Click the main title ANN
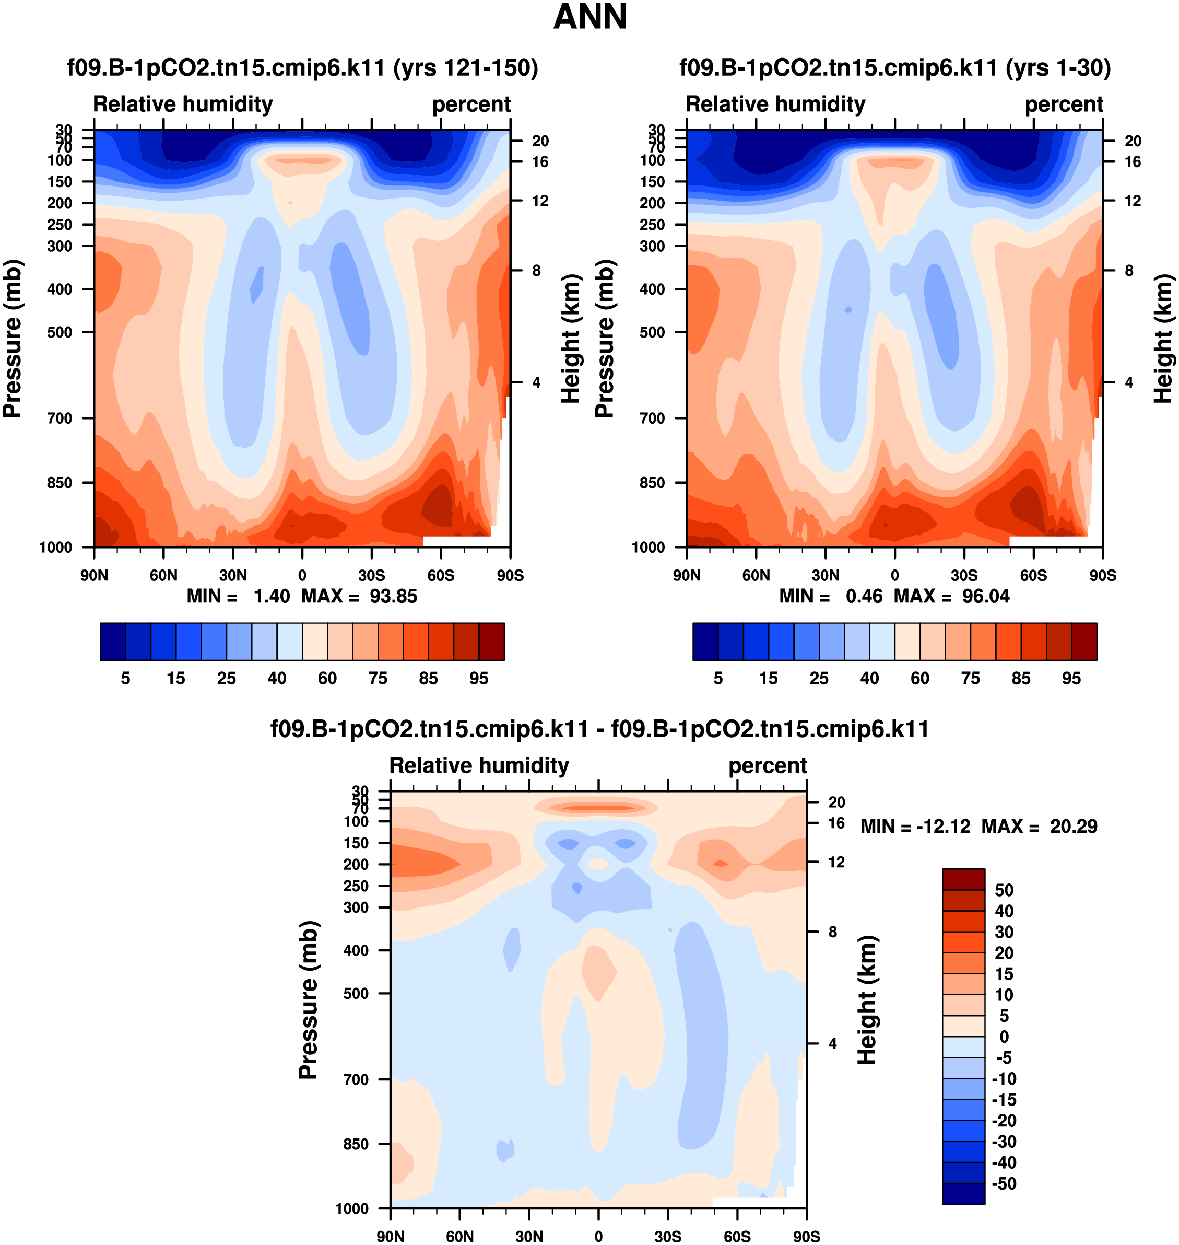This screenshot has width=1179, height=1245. (589, 17)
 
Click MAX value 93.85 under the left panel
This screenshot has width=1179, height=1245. (393, 596)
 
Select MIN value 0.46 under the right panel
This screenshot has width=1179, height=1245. (864, 596)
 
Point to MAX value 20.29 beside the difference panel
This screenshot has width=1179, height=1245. (1074, 826)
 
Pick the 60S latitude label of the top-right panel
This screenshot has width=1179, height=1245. (1033, 575)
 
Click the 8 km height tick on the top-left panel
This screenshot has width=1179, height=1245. (536, 271)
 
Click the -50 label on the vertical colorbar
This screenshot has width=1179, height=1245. (1004, 1183)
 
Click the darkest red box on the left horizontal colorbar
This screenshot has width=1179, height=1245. (491, 642)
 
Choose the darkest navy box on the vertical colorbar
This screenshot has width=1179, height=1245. (963, 1193)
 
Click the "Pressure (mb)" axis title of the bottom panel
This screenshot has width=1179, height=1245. (309, 1000)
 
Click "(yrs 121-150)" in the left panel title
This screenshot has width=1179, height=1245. (466, 67)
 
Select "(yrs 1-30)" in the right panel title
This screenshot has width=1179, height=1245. (1058, 67)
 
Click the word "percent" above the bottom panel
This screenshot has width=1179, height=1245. (768, 765)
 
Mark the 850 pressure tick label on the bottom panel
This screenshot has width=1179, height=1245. (356, 1144)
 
